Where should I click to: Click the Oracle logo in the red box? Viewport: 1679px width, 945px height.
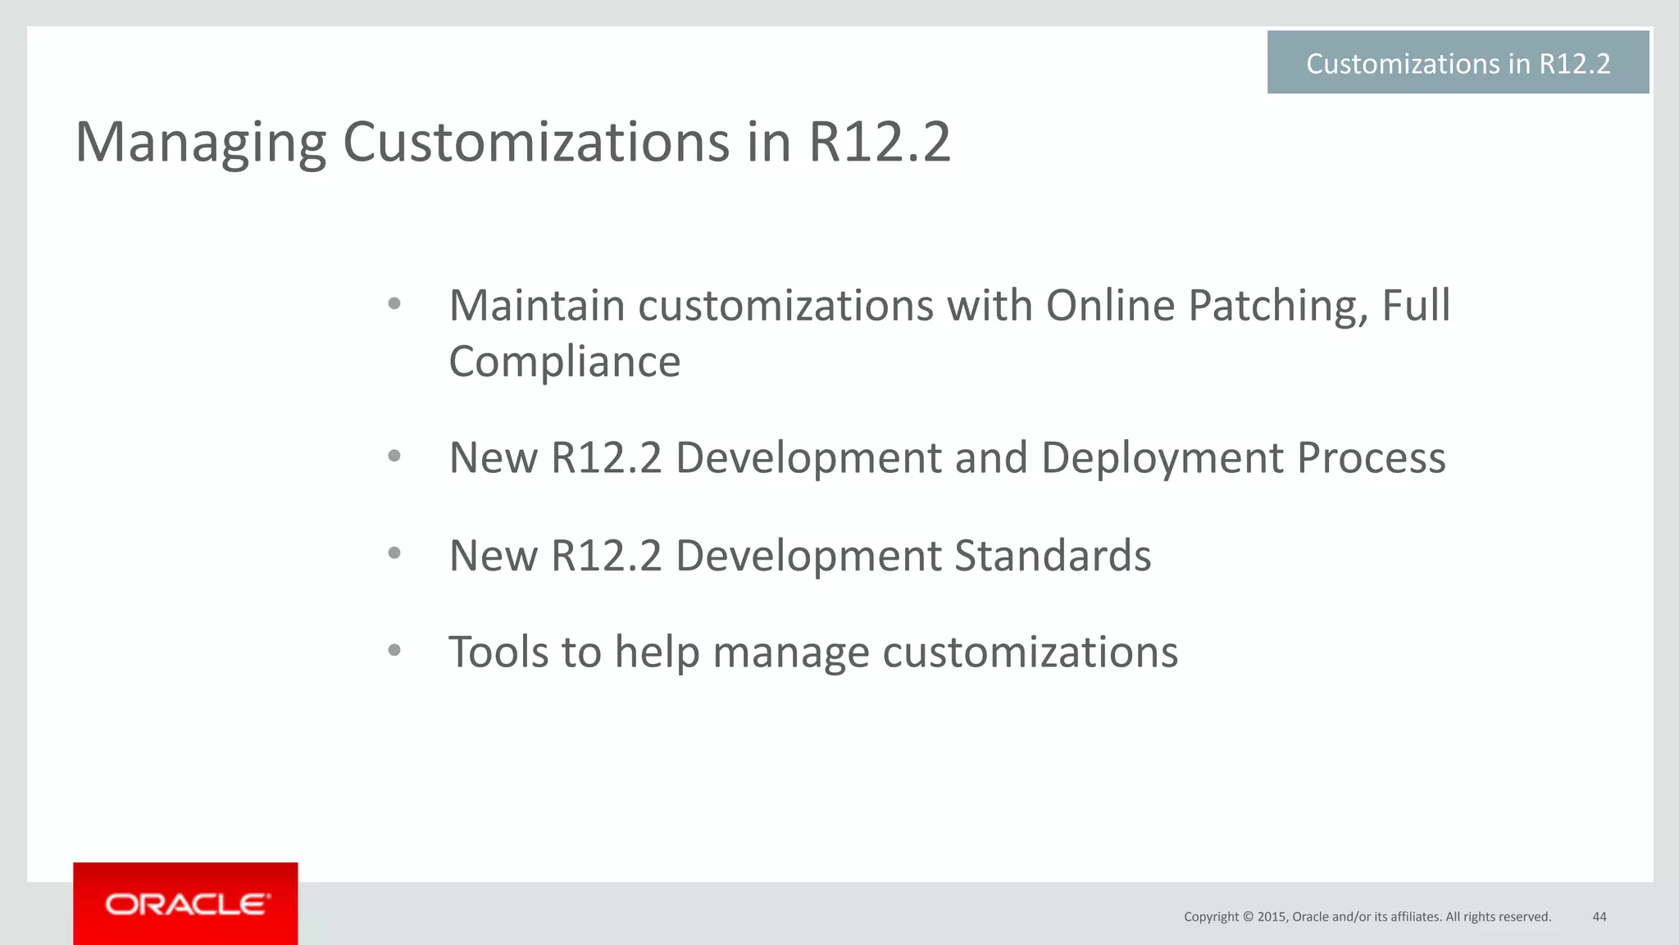(186, 904)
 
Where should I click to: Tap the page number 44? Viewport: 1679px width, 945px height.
(1599, 916)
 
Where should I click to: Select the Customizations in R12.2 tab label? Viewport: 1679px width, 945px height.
(1458, 63)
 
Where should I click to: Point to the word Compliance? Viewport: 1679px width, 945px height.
(564, 361)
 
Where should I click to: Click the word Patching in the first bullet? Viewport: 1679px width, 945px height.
(1277, 306)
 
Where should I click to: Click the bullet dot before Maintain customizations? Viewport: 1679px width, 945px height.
(394, 304)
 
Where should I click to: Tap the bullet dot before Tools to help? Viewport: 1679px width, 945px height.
(394, 651)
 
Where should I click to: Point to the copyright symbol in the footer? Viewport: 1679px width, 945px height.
(1248, 917)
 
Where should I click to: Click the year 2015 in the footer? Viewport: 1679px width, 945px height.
(1272, 917)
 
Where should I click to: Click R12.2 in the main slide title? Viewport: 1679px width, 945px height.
(879, 143)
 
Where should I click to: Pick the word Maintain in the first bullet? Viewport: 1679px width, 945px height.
(536, 306)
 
